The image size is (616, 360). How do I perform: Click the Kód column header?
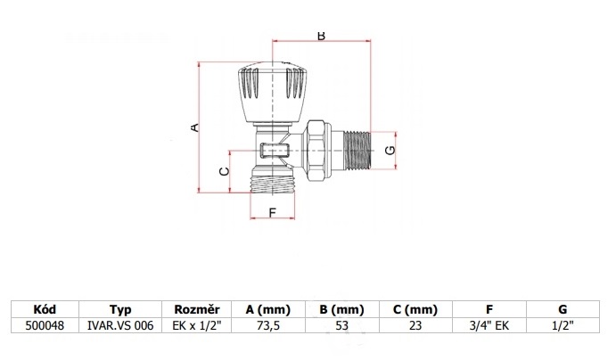coord(45,309)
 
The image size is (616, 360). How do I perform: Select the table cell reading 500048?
coord(45,325)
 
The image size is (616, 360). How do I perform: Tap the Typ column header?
coord(120,309)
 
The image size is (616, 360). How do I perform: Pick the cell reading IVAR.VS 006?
coord(120,325)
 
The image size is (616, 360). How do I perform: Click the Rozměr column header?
coord(197,309)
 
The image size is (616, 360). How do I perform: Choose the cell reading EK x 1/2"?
coord(197,325)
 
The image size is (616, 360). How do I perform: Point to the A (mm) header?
coord(268,309)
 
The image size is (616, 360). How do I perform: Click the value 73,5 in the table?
coord(268,325)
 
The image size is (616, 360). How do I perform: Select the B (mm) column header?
coord(341,309)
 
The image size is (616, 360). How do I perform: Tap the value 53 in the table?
coord(341,325)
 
